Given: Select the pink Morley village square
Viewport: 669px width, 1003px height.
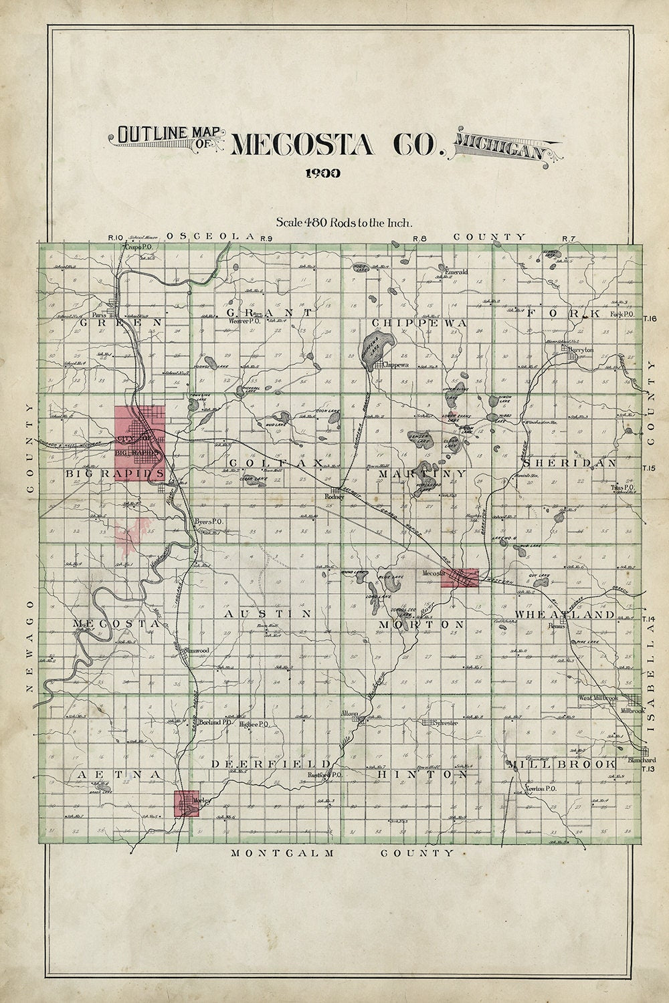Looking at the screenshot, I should pyautogui.click(x=187, y=803).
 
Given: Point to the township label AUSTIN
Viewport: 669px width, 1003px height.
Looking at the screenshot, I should pyautogui.click(x=268, y=612).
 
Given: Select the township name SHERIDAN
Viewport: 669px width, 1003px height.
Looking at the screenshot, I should pyautogui.click(x=569, y=463).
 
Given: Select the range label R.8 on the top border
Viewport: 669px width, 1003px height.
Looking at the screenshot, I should pyautogui.click(x=419, y=239).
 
